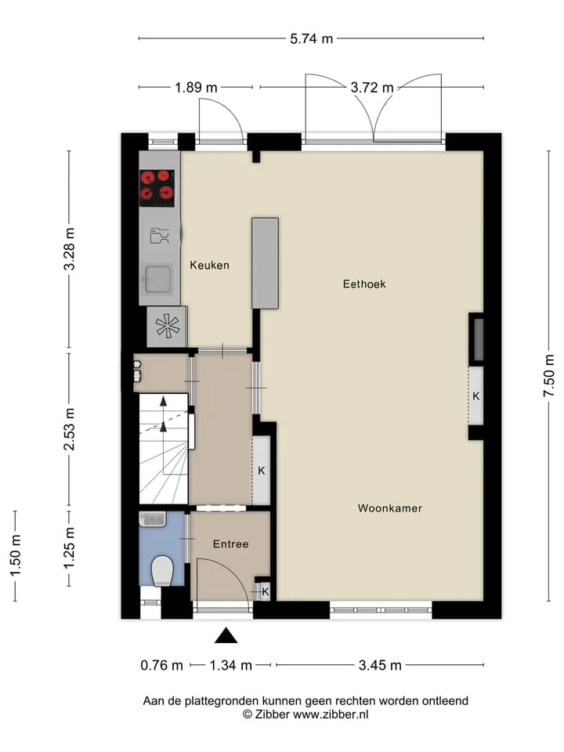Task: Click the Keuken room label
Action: click(x=209, y=266)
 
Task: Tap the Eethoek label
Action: click(x=364, y=284)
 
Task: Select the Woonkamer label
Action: click(x=390, y=508)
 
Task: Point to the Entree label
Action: click(x=230, y=544)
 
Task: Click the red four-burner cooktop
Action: click(x=157, y=185)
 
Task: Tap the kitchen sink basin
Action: click(x=157, y=278)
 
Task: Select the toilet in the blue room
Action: click(x=162, y=571)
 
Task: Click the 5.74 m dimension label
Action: click(x=311, y=38)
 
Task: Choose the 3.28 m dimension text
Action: click(x=69, y=249)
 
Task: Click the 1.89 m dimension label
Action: click(x=196, y=88)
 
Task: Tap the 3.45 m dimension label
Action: click(x=380, y=665)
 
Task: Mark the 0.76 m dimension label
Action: click(x=161, y=665)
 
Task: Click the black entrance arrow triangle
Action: click(x=226, y=635)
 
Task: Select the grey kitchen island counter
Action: click(x=266, y=263)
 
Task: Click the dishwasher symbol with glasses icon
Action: click(x=160, y=236)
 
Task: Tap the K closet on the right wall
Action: click(x=475, y=396)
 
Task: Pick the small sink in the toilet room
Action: click(x=153, y=519)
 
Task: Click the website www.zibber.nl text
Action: click(x=331, y=714)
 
